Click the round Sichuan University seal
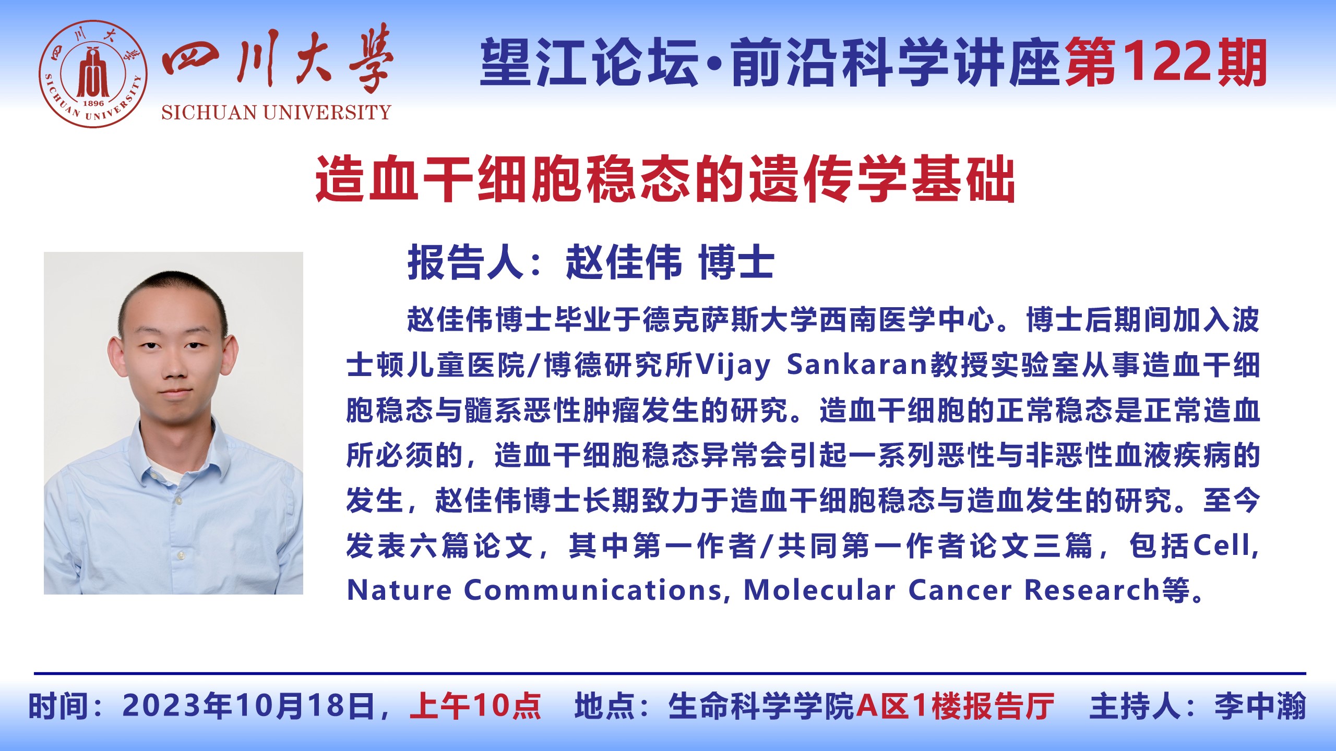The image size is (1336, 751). [93, 74]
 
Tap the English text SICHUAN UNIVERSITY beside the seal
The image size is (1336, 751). [276, 113]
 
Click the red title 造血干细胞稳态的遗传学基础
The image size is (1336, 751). [665, 179]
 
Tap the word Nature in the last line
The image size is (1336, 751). [399, 590]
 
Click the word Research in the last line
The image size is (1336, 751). [1092, 590]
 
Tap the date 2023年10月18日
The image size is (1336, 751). [249, 706]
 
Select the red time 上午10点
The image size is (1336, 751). [475, 706]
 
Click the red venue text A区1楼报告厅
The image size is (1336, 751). [955, 706]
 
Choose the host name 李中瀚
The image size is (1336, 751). [1260, 706]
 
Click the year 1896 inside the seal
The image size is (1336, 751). [93, 103]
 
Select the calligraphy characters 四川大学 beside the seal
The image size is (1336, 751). [277, 59]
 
